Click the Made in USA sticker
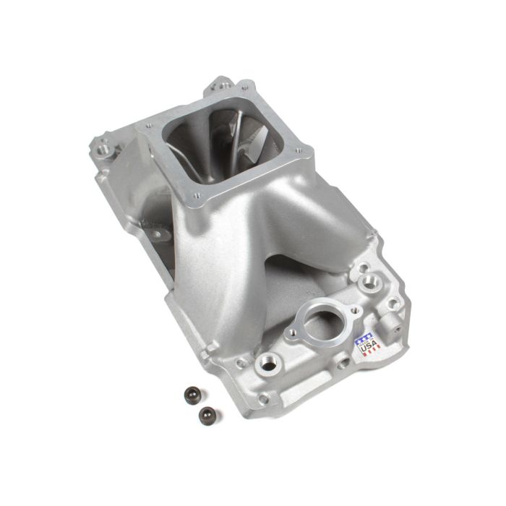point(366,343)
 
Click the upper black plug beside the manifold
point(192,395)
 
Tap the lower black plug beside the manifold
point(207,415)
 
